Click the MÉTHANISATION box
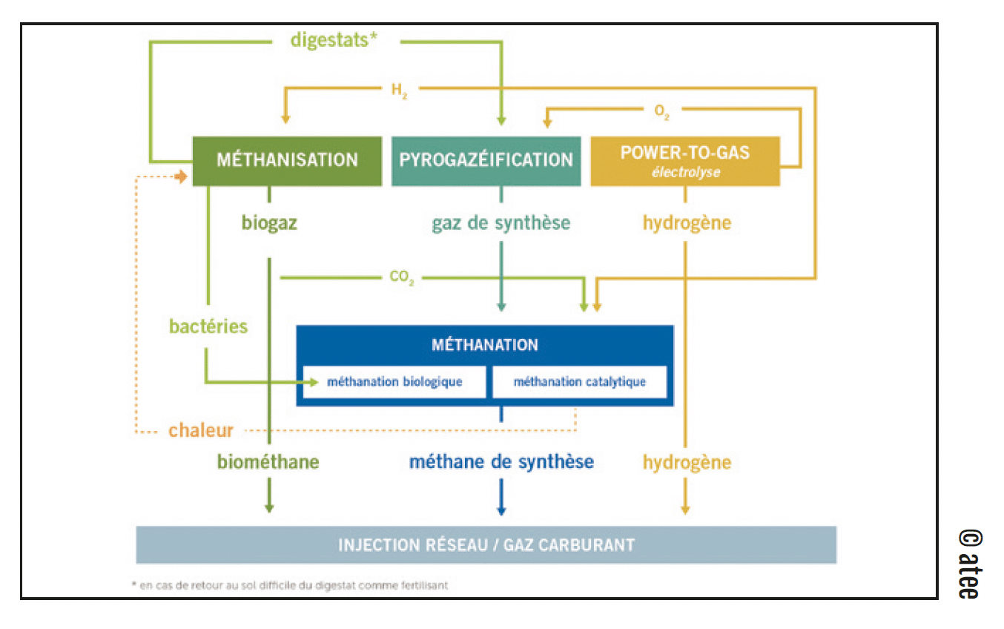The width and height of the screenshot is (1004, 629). tap(287, 160)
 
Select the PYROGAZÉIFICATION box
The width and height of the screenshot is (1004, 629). tap(486, 160)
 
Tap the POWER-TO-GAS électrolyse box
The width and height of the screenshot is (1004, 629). tap(684, 160)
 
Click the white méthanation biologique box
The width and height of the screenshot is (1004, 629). tap(394, 382)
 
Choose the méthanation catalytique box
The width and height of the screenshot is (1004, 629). tap(579, 382)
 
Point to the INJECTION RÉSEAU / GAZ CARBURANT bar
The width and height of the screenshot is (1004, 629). tap(486, 545)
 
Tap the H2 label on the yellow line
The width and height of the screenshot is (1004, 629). tap(399, 90)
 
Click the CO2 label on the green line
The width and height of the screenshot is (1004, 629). tap(401, 279)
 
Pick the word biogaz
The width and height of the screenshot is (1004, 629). tap(269, 223)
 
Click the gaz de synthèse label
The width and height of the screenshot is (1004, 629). tap(501, 223)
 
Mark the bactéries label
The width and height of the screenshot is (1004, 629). tap(208, 326)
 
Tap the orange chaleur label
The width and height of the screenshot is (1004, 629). tap(201, 430)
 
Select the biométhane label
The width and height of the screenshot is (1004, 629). tap(268, 461)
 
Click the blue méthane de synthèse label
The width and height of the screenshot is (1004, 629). tap(501, 461)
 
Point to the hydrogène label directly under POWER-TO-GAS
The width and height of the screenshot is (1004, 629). tap(687, 223)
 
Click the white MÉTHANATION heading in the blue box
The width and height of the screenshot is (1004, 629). tap(485, 345)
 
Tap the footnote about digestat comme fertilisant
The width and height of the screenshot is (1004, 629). tap(290, 585)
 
